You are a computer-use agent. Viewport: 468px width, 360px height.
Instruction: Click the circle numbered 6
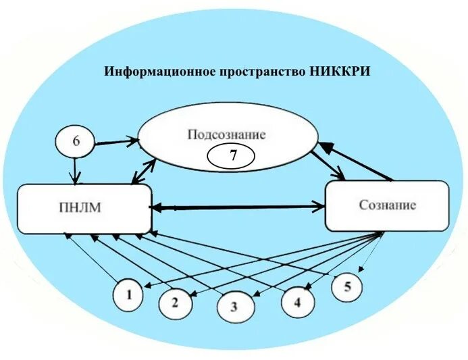coord(75,142)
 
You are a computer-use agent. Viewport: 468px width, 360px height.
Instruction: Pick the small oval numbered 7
coord(232,156)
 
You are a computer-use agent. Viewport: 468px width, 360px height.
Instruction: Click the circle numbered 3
coord(234,307)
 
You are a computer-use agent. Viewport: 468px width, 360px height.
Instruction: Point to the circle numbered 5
coord(346,286)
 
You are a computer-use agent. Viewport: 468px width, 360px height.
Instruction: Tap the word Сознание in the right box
coord(386,205)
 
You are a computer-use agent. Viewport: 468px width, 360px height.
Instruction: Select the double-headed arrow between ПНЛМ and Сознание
coord(238,207)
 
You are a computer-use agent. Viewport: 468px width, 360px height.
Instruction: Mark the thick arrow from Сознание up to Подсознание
coord(358,160)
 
